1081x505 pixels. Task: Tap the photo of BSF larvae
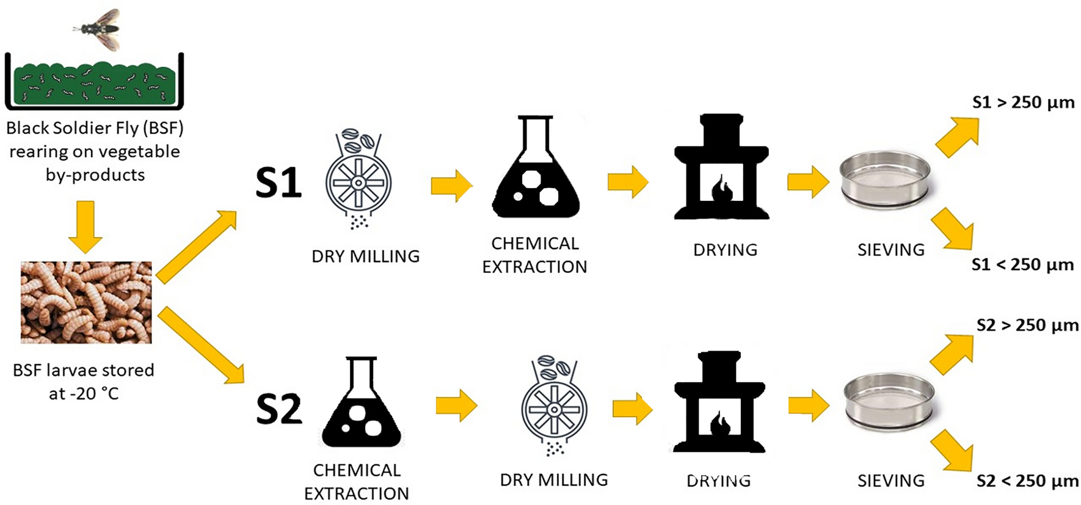pos(86,302)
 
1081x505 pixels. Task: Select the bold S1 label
pos(278,183)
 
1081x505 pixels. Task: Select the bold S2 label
pos(279,409)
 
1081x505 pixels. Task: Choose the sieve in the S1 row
pos(885,180)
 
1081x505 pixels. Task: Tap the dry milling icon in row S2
pos(554,405)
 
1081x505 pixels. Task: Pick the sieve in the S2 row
pos(889,403)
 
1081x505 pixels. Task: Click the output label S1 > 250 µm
pos(1023,103)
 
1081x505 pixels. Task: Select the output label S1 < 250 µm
pos(1022,265)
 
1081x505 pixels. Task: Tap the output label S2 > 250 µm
pos(1027,325)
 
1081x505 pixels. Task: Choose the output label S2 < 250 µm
pos(1027,481)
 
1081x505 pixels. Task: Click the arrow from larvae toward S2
pos(201,346)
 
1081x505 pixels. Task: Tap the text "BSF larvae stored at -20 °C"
pos(84,382)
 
